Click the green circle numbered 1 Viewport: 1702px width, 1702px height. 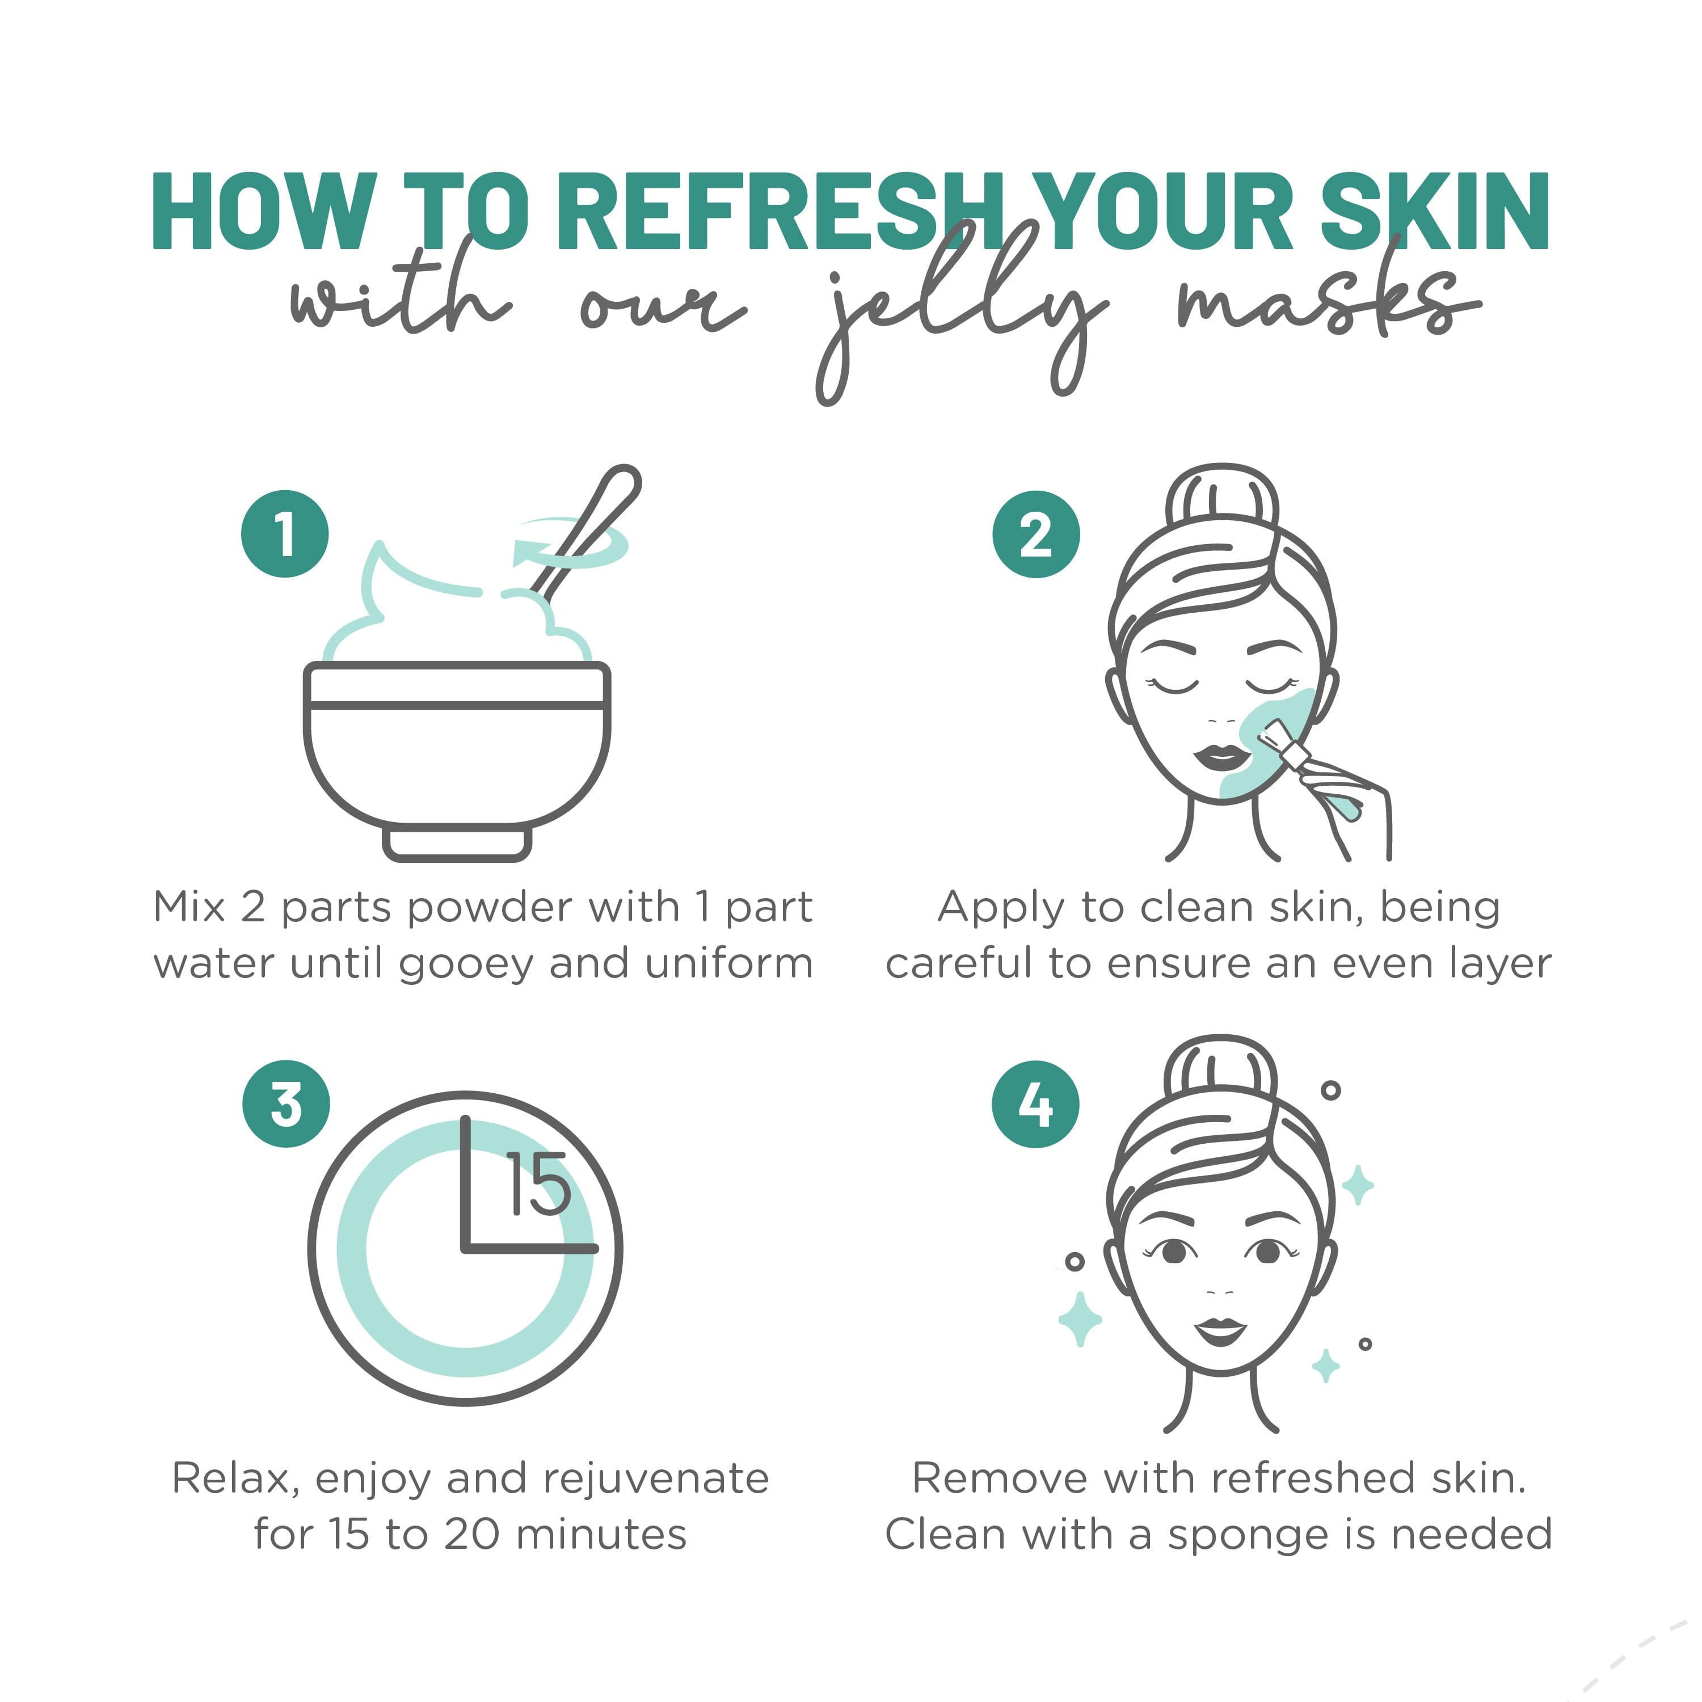pyautogui.click(x=285, y=534)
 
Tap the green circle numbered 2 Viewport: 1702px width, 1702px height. pyautogui.click(x=1036, y=534)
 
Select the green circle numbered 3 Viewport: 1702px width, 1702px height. pyautogui.click(x=287, y=1104)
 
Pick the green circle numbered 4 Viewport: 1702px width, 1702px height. pyautogui.click(x=1035, y=1104)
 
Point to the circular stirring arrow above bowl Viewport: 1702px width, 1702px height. pyautogui.click(x=571, y=544)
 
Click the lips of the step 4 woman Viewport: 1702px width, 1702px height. pyautogui.click(x=1220, y=1331)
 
